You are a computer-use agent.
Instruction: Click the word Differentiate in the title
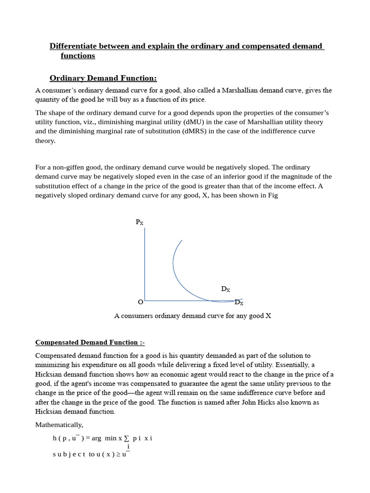tap(73, 46)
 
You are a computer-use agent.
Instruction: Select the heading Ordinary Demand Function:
tap(104, 78)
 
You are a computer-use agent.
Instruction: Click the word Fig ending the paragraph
tap(273, 195)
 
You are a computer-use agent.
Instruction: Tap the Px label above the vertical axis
tap(139, 222)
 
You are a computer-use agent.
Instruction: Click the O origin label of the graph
tap(140, 302)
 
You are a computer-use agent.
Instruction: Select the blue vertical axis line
tap(145, 265)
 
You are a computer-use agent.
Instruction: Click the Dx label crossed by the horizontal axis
tap(239, 302)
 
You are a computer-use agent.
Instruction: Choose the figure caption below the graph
tap(193, 316)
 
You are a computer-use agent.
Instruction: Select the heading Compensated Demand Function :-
tap(90, 342)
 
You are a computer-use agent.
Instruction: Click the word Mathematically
tap(59, 425)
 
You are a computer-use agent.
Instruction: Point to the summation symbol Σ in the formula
tap(127, 439)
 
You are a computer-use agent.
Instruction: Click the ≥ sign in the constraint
tap(118, 454)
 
